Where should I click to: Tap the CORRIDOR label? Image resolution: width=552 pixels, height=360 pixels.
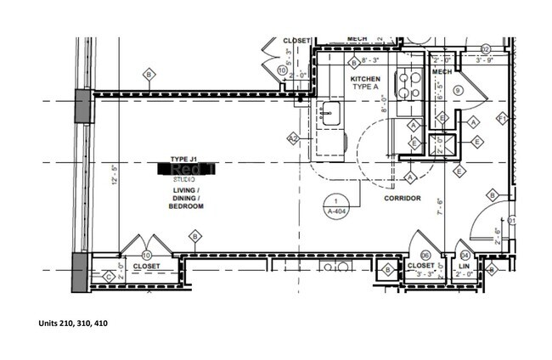tap(403, 198)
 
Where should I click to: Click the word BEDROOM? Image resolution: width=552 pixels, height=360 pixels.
tap(187, 206)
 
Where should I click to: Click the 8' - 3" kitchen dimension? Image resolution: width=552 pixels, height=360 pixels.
tap(375, 61)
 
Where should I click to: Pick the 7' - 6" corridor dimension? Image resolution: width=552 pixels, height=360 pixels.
tap(439, 205)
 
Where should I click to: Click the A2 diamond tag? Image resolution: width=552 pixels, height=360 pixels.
tap(293, 138)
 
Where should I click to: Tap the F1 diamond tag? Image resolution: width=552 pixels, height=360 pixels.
tap(503, 117)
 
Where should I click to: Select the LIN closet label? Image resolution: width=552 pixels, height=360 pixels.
tap(465, 266)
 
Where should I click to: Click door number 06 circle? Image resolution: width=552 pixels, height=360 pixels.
tap(426, 254)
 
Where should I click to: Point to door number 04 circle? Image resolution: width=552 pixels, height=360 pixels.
tap(465, 255)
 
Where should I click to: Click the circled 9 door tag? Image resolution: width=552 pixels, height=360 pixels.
tap(458, 90)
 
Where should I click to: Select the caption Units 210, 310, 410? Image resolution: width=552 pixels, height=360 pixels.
tap(73, 323)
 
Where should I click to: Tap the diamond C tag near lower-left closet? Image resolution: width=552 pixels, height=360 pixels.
tap(108, 276)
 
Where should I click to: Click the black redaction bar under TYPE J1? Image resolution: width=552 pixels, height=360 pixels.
tap(187, 170)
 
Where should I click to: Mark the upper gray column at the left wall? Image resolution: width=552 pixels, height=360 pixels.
tap(83, 106)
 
